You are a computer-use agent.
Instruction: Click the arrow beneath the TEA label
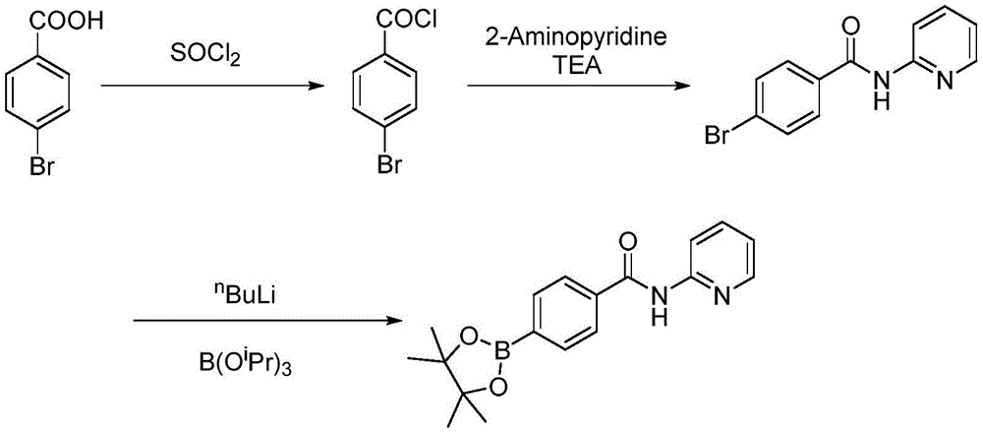tap(575, 88)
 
